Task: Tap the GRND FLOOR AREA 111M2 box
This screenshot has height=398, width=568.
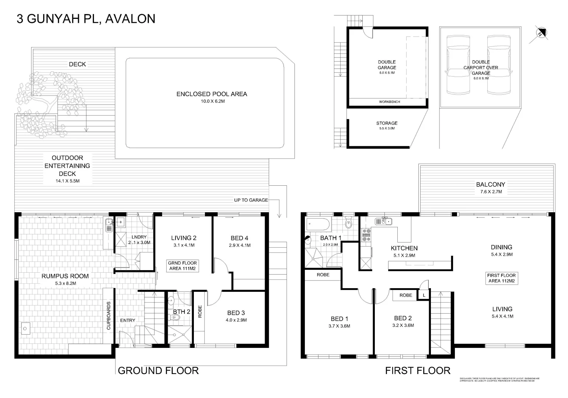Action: click(182, 266)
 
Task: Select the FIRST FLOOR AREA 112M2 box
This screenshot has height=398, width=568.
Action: click(501, 278)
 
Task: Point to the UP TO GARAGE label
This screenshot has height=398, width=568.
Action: click(251, 200)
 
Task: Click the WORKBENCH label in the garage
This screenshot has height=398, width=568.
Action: click(389, 102)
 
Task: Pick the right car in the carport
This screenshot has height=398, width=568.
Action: click(499, 65)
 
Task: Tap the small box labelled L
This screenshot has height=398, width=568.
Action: click(424, 296)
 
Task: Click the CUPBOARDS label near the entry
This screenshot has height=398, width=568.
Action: click(109, 316)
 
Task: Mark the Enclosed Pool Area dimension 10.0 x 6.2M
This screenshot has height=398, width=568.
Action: click(212, 101)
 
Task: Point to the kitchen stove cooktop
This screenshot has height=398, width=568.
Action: click(366, 235)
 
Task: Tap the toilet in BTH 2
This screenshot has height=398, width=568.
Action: click(175, 320)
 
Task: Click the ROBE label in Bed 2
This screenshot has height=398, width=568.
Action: click(405, 295)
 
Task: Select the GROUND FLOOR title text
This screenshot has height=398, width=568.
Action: click(158, 371)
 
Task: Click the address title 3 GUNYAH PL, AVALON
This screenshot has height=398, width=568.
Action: click(86, 19)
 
